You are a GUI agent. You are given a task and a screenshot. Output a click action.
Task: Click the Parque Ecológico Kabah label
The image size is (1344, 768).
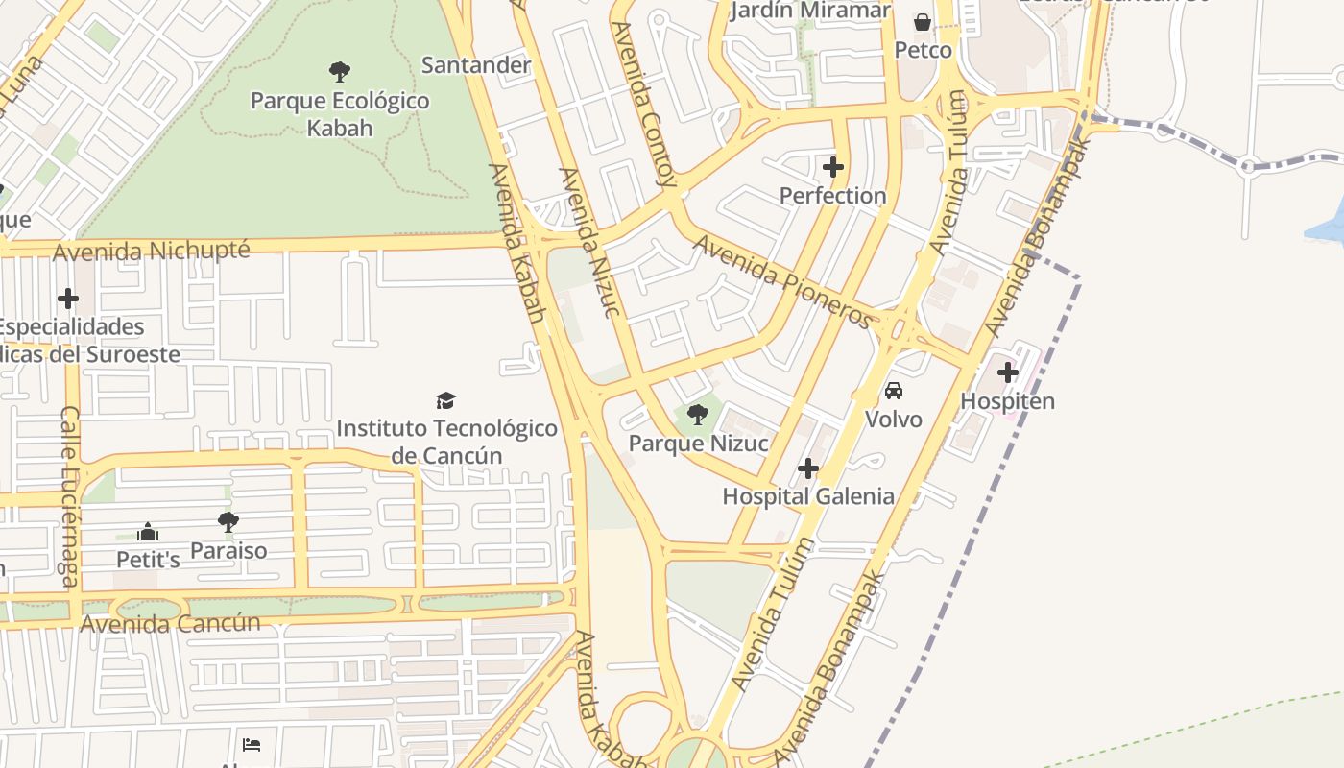tap(340, 113)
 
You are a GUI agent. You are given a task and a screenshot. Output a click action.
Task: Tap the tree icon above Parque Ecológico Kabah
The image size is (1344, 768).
tap(339, 71)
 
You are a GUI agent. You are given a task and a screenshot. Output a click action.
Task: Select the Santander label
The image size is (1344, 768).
tap(476, 65)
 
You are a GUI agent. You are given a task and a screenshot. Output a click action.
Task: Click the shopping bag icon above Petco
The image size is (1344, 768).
tap(923, 21)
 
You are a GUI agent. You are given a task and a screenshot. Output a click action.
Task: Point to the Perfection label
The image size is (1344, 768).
tap(832, 196)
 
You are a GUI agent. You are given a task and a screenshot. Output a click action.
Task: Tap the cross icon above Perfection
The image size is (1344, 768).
tap(833, 167)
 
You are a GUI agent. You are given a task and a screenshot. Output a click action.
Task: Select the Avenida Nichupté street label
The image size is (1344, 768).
tap(152, 252)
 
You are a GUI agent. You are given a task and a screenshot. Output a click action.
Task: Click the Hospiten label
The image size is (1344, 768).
tap(1008, 401)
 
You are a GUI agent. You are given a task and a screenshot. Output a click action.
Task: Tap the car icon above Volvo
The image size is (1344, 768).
tap(894, 390)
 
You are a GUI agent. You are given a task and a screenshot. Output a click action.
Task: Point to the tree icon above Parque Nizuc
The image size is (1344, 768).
tap(698, 415)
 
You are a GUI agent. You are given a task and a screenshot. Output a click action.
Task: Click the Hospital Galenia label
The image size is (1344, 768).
tap(808, 496)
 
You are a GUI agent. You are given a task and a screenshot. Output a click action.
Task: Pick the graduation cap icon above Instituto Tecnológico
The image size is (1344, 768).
tap(446, 400)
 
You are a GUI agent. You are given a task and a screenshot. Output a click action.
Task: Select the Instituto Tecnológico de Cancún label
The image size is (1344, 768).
tap(446, 442)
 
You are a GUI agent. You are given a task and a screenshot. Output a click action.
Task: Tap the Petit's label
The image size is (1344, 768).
tap(148, 559)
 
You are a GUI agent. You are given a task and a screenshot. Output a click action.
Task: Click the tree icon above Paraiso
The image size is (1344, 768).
tap(228, 522)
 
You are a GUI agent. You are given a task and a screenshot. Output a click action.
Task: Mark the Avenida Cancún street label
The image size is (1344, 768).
tap(170, 623)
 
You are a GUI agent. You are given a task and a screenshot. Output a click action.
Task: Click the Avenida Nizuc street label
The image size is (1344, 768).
tap(587, 242)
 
